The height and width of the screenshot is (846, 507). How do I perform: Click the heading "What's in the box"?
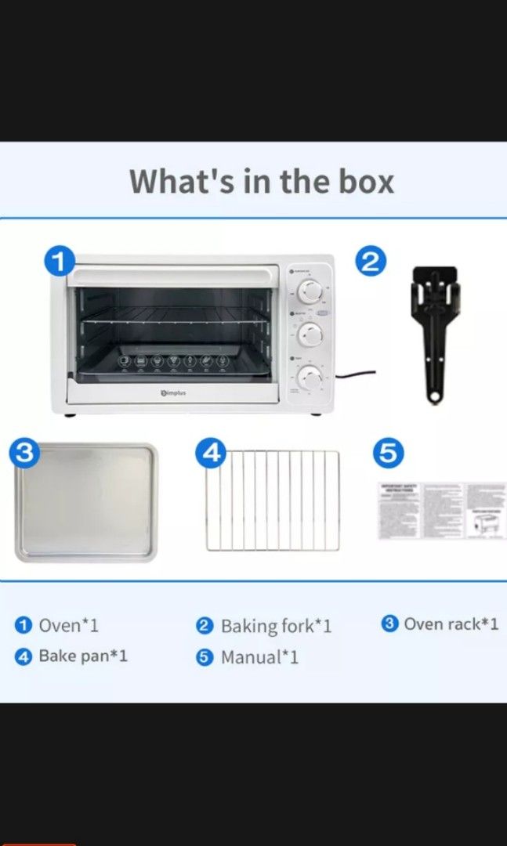[x=262, y=181]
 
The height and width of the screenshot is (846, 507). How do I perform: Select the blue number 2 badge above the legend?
[x=371, y=262]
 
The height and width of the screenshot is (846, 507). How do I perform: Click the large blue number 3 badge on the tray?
[x=26, y=454]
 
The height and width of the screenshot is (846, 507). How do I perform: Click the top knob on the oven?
[x=311, y=291]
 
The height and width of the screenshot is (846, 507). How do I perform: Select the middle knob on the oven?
[x=311, y=335]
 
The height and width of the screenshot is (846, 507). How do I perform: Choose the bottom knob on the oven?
[x=311, y=379]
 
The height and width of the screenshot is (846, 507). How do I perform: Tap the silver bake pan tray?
[x=86, y=503]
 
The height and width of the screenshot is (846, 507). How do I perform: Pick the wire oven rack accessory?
[x=273, y=501]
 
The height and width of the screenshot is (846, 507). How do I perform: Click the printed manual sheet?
[x=442, y=511]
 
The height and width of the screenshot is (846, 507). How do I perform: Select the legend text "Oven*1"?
[x=70, y=625]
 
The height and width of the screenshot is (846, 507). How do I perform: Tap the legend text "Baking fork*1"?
[x=276, y=626]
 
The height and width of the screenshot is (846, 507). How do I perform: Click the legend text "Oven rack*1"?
[x=451, y=624]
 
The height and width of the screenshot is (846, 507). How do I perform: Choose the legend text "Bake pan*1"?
[x=82, y=656]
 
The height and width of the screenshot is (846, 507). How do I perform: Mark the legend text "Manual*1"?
[x=259, y=657]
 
